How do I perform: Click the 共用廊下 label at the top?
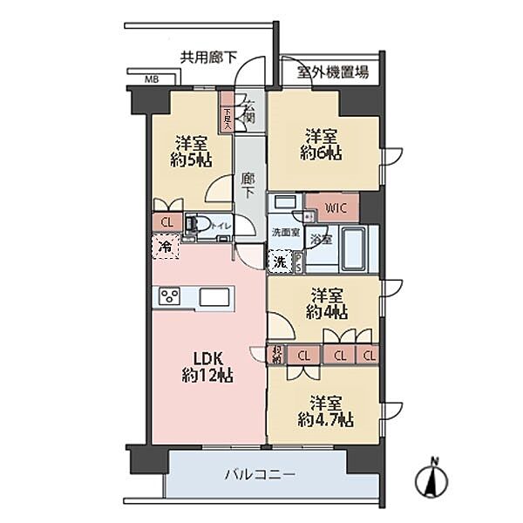pos(208,58)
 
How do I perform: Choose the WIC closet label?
pos(336,207)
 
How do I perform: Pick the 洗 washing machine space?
pos(279,260)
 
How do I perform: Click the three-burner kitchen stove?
pos(169,296)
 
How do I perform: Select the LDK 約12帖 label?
pos(207,366)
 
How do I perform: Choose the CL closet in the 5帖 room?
pos(166,221)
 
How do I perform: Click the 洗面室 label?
pos(285,232)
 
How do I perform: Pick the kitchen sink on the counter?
pos(214,296)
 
